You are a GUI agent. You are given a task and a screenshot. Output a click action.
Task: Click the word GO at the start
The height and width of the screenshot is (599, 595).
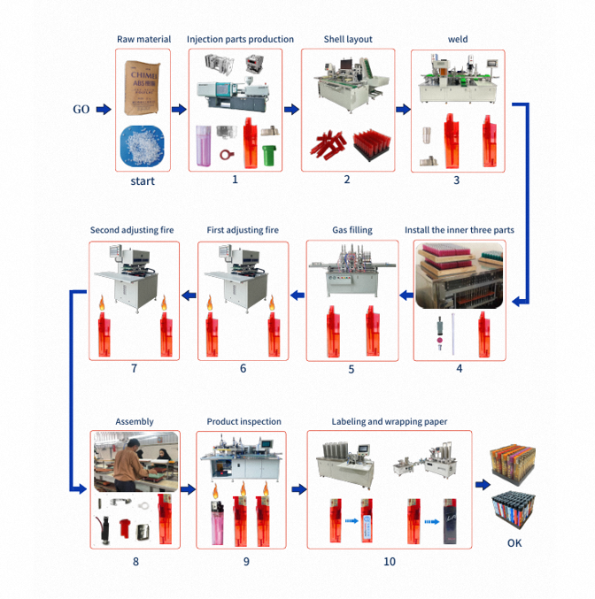[x=81, y=110]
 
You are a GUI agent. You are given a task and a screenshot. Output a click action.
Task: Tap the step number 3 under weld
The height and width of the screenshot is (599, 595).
[x=457, y=180]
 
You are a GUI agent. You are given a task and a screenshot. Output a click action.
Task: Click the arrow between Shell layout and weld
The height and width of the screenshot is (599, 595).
[x=403, y=110]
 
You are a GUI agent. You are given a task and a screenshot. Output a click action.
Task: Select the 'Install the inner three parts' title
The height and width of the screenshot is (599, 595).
[x=460, y=231]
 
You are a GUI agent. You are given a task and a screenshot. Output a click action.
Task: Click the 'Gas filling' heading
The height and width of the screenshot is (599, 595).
[x=352, y=231]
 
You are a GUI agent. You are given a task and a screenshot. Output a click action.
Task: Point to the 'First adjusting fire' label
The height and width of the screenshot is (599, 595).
[x=243, y=231]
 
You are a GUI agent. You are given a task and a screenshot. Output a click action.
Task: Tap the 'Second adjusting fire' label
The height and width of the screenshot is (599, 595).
[x=132, y=231]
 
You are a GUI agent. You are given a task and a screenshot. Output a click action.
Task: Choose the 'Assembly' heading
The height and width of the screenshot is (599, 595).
[x=135, y=422]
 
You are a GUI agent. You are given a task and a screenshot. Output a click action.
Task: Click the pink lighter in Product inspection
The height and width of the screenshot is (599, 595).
[x=218, y=521]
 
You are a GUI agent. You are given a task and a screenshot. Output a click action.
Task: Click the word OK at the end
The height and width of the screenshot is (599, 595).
[x=514, y=542]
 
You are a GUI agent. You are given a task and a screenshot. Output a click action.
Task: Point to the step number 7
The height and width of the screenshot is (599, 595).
[x=135, y=367]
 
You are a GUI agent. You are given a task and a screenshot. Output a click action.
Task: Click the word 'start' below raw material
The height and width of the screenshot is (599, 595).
[x=142, y=181]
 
